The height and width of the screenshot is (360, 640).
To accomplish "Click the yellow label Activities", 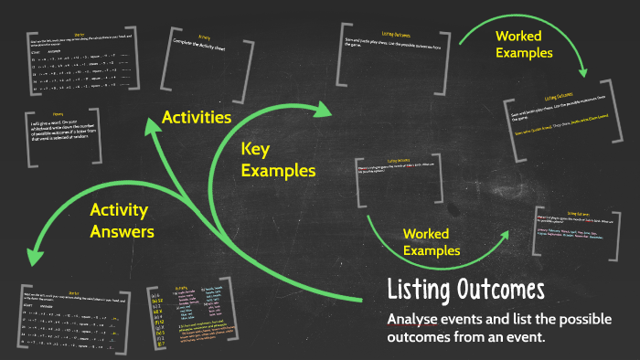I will pyautogui.click(x=196, y=117).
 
